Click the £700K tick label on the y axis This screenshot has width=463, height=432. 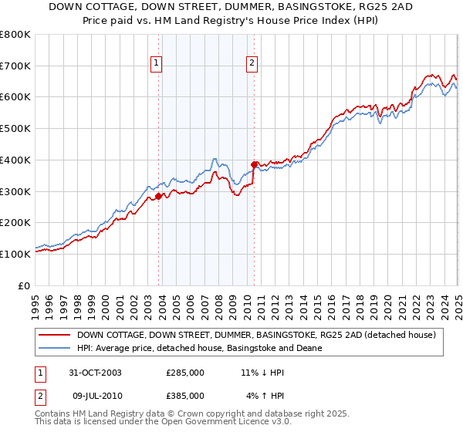[15, 66]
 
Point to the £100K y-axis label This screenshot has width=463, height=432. [15, 254]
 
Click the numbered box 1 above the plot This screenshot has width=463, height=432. [157, 64]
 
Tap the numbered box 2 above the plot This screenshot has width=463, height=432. [252, 64]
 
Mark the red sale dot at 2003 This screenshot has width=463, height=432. [159, 196]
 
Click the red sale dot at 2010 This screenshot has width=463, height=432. [254, 164]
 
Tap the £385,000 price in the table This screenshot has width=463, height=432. [185, 395]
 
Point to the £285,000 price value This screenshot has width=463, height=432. [185, 372]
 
